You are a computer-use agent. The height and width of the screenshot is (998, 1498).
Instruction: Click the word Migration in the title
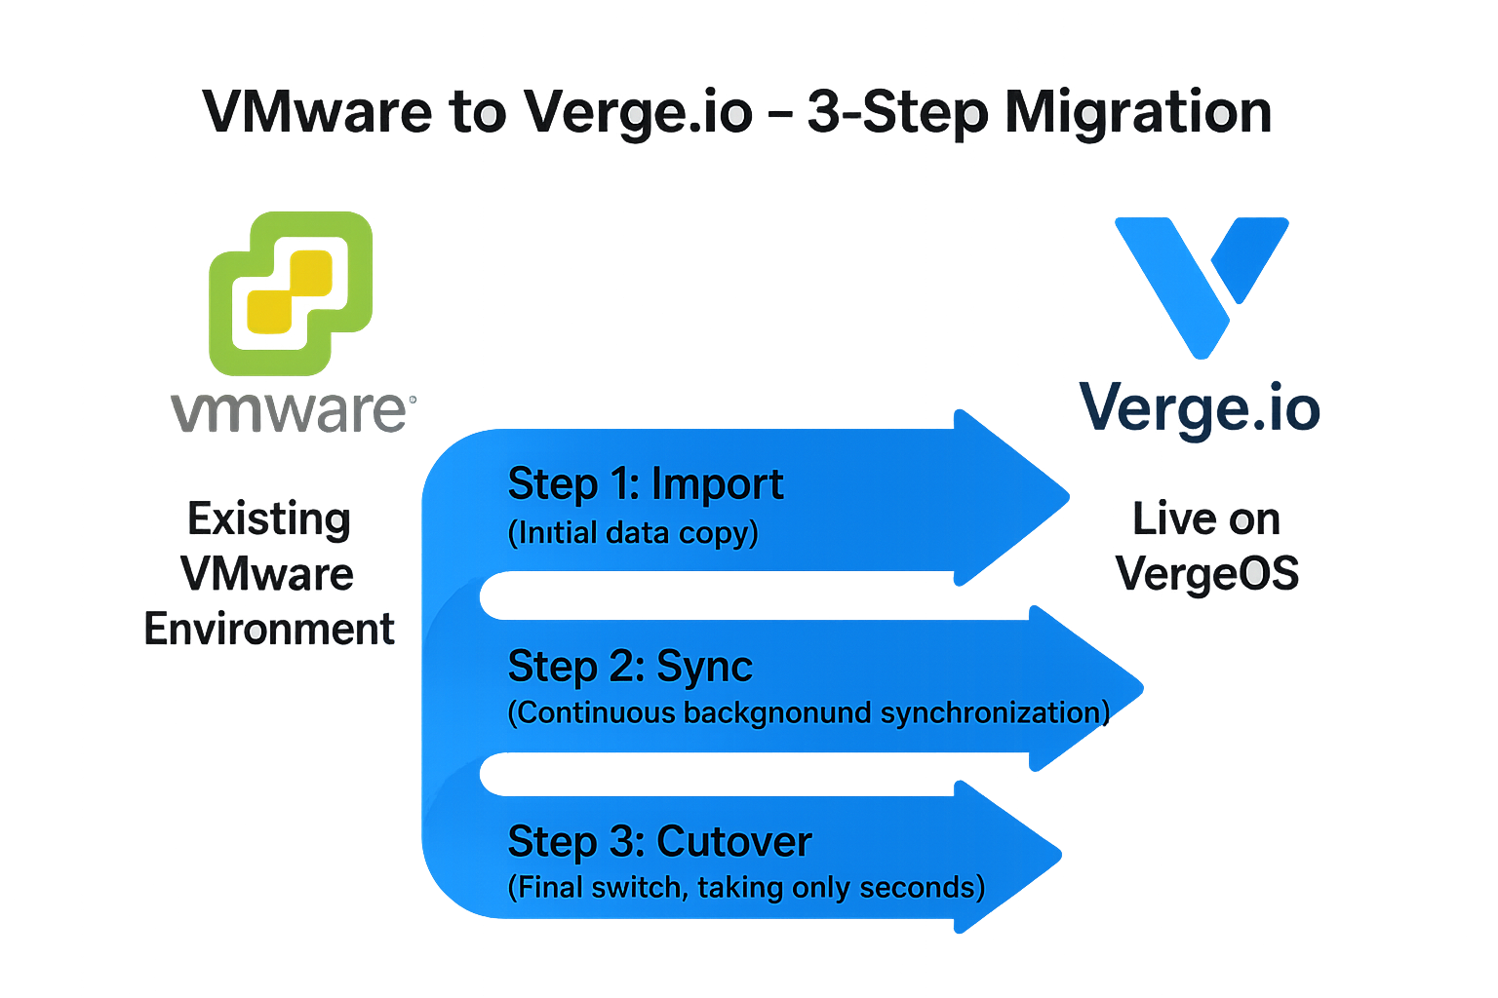click(x=1138, y=114)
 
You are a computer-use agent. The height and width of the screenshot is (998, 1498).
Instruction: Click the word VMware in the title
click(x=317, y=112)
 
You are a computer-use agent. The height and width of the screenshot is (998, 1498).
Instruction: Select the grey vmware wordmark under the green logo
click(x=293, y=412)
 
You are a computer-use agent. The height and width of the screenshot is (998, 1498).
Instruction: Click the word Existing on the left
click(x=269, y=518)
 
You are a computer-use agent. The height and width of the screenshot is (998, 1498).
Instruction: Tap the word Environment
click(x=269, y=630)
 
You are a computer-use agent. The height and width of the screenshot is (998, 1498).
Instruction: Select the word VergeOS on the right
click(x=1207, y=573)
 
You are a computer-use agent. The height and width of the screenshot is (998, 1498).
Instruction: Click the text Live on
click(x=1206, y=518)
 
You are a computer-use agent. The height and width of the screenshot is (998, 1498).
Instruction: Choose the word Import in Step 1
click(x=717, y=484)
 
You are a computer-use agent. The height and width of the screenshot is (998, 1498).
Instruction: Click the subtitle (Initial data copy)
click(x=633, y=533)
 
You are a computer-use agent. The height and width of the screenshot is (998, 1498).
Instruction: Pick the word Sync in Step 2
click(x=704, y=667)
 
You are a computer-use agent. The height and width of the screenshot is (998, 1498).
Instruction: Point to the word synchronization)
click(x=995, y=712)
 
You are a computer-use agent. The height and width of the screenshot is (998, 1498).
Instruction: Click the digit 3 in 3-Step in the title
click(x=825, y=112)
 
